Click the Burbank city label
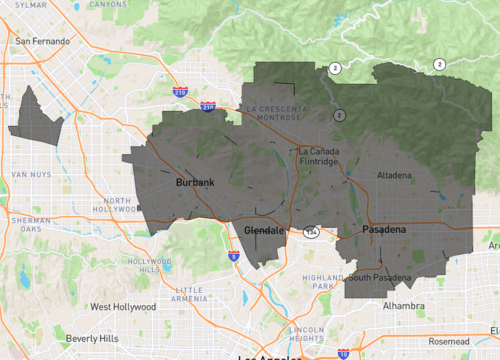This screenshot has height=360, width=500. [x=195, y=183]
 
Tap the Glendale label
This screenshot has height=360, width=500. [x=265, y=231]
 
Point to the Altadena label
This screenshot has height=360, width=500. [x=393, y=176]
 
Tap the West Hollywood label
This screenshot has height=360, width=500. [x=122, y=307]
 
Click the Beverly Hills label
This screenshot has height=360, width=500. [x=92, y=339]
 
